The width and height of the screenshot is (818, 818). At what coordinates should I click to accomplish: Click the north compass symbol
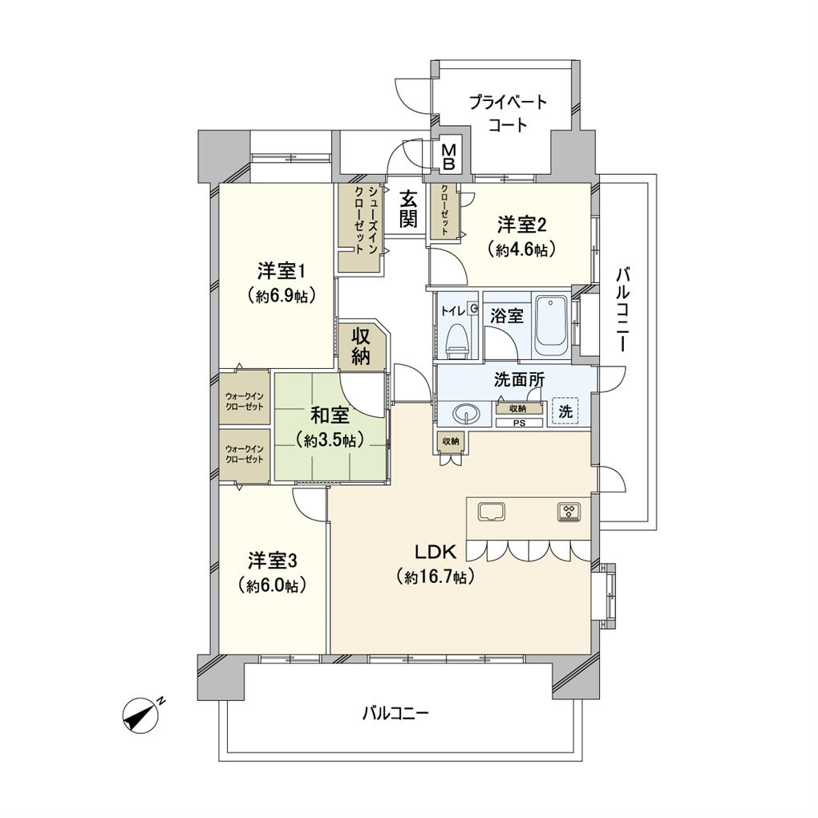141,715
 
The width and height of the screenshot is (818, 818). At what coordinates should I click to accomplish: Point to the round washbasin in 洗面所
466,415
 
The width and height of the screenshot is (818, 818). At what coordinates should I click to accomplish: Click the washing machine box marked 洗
565,411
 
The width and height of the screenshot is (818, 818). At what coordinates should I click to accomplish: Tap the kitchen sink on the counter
490,512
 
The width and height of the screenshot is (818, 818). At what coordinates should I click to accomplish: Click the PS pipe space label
519,423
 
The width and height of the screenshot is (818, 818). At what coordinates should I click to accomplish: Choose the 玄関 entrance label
408,209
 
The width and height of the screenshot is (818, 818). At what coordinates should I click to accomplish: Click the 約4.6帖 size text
520,250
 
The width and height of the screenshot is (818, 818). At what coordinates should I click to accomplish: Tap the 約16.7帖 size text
435,577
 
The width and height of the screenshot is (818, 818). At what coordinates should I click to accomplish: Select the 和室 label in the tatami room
330,415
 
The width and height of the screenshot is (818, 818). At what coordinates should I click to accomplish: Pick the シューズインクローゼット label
365,220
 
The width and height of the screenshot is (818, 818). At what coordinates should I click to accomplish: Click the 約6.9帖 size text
281,296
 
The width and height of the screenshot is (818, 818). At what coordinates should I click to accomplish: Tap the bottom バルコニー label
395,713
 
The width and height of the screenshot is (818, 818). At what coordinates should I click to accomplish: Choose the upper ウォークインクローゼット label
244,401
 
